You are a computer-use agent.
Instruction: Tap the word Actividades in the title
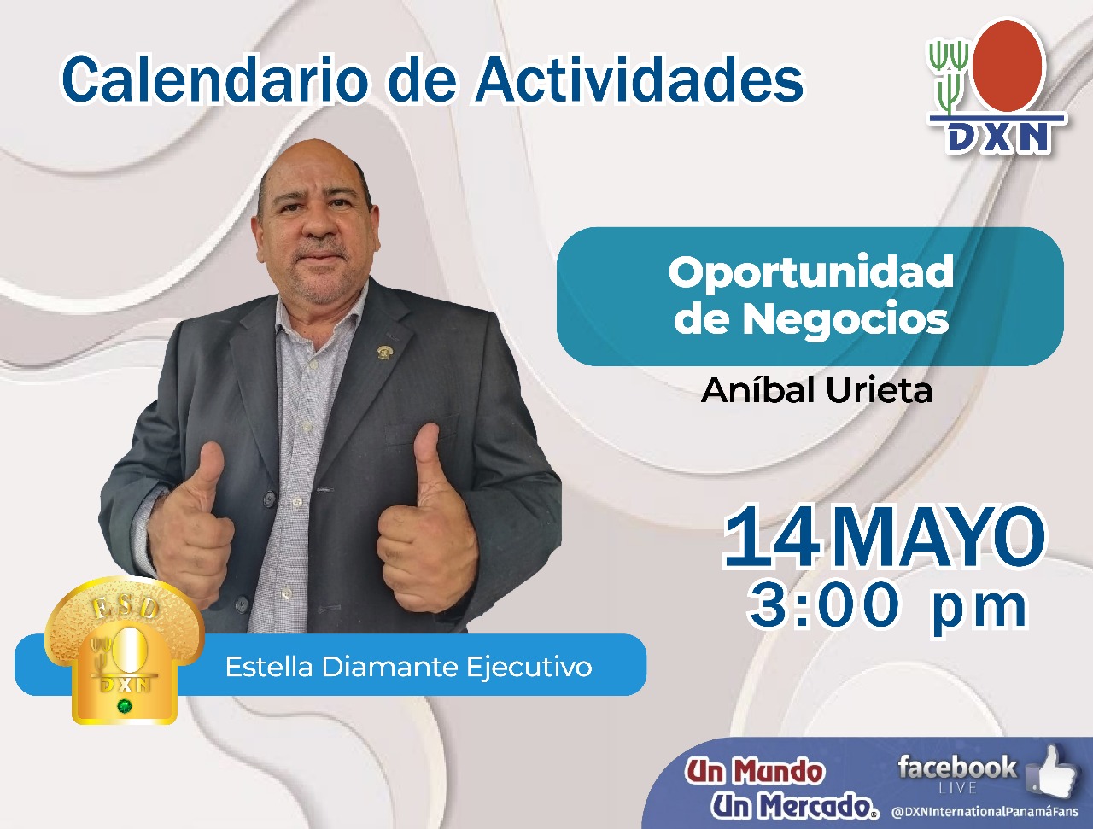click(640, 79)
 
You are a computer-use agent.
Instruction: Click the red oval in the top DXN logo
click(1007, 65)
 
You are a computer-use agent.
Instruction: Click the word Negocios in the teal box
click(845, 318)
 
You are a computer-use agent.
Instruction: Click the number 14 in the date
click(771, 540)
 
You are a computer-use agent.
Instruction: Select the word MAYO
click(939, 540)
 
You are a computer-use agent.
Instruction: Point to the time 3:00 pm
click(888, 606)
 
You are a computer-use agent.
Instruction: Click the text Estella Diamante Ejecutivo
click(409, 667)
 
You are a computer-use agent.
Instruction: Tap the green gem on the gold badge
click(124, 706)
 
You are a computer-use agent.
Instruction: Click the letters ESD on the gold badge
click(125, 607)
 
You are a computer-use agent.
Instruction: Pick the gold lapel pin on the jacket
click(383, 352)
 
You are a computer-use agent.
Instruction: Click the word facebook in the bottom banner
click(957, 768)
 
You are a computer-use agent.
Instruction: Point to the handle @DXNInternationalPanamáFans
click(985, 812)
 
